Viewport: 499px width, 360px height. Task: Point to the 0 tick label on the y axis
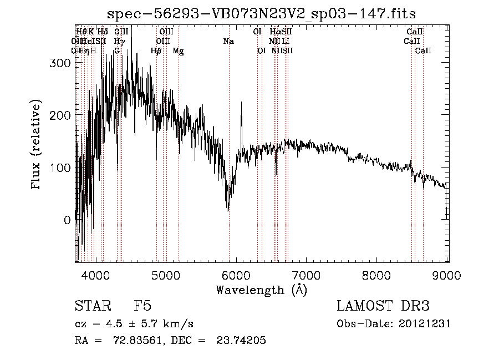point(67,220)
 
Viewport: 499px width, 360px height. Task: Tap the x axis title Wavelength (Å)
point(262,290)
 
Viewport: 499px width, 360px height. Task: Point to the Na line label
point(228,41)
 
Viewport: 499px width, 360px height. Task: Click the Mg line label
point(179,50)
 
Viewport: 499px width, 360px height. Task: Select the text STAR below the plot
point(89,306)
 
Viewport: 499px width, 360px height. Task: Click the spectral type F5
point(143,306)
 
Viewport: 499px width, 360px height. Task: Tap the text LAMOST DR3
point(383,306)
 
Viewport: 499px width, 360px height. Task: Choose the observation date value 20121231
point(425,324)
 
